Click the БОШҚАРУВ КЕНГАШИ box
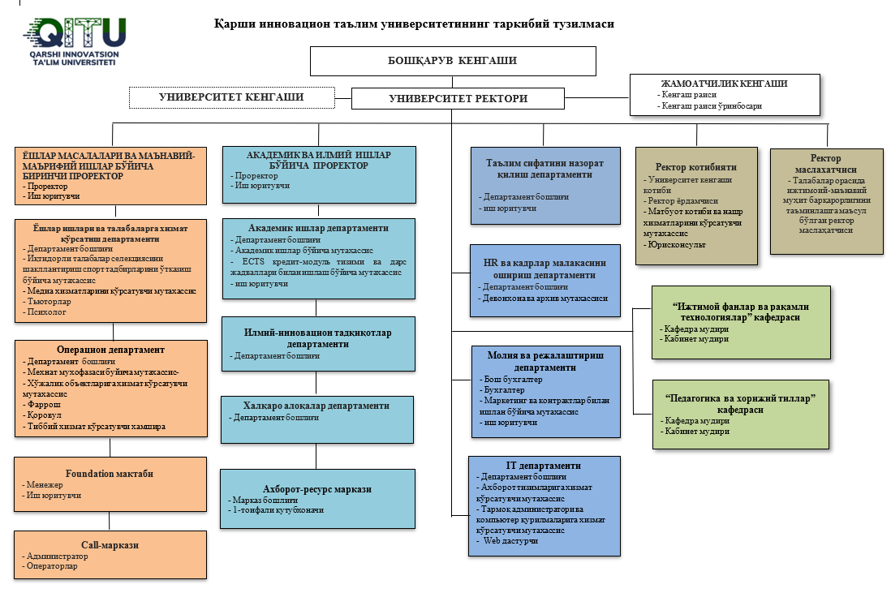(x=453, y=60)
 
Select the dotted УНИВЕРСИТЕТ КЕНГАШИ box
(x=231, y=97)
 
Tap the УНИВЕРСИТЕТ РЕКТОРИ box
(x=458, y=99)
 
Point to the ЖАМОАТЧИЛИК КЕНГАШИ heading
(x=725, y=83)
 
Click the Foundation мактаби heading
(x=110, y=474)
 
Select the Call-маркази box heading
(x=110, y=545)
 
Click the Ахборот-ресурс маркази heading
(x=317, y=489)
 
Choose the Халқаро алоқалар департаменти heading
(x=316, y=405)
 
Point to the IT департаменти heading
(x=544, y=466)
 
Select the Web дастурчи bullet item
(x=510, y=540)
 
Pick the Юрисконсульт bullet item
(x=674, y=244)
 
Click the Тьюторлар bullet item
(x=48, y=301)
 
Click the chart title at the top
(x=414, y=24)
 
